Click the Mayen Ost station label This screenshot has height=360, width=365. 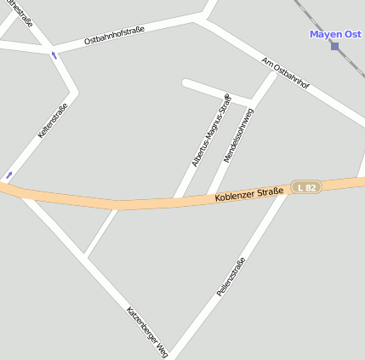336,34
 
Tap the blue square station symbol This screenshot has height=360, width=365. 335,46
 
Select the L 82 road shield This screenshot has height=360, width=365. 306,186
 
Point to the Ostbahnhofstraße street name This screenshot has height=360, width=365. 114,36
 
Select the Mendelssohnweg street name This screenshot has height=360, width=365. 239,135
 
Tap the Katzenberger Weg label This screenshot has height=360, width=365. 147,331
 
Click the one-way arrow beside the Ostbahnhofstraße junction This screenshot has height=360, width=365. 55,56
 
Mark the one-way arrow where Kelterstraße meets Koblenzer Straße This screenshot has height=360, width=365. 9,175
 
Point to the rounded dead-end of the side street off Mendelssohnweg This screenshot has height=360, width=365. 186,83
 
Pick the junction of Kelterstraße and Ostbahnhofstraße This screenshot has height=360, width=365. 53,49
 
